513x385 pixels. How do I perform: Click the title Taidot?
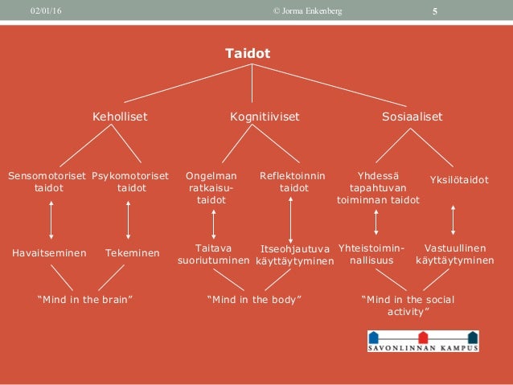point(248,54)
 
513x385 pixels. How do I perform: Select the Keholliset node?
point(121,117)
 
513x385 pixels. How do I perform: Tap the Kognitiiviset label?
point(265,117)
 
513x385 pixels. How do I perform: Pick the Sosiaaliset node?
point(412,117)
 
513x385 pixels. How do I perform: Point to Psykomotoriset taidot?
point(130,182)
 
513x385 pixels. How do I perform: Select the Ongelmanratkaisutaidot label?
point(211,187)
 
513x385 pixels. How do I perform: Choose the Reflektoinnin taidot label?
point(293,182)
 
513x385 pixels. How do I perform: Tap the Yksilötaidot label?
point(460,180)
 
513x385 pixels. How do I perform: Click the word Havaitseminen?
point(49,253)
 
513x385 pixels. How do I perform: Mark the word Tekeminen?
point(132,253)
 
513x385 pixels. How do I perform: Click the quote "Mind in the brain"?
point(85,300)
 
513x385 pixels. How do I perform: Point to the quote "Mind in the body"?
point(254,300)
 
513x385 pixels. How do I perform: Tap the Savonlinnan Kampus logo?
point(423,341)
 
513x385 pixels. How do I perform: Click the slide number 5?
point(435,10)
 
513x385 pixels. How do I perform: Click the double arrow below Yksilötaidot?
point(454,219)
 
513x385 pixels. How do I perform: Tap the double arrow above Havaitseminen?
point(51,219)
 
